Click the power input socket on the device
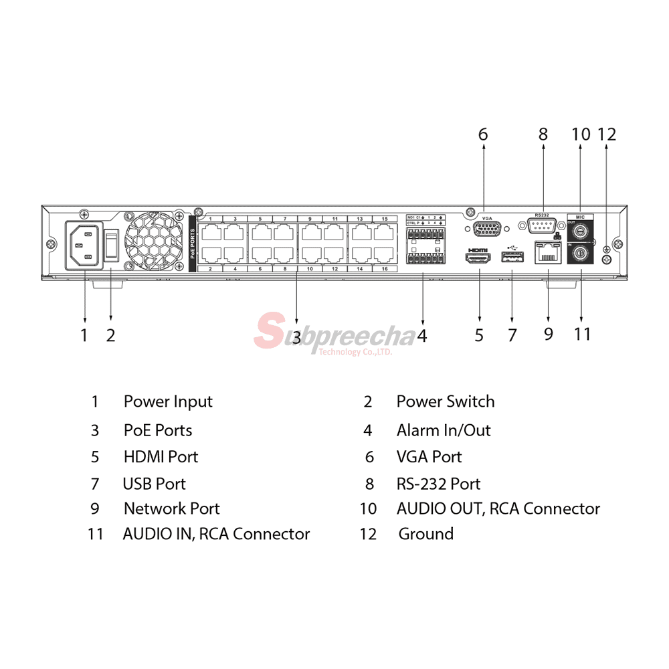pyautogui.click(x=84, y=245)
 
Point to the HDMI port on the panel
pyautogui.click(x=479, y=258)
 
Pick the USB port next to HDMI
pyautogui.click(x=512, y=259)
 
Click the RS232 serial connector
pyautogui.click(x=543, y=227)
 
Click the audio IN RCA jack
pyautogui.click(x=580, y=254)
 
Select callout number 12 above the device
pyautogui.click(x=606, y=134)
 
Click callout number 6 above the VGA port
pyautogui.click(x=483, y=134)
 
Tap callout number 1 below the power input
pyautogui.click(x=84, y=334)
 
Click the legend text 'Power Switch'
pyautogui.click(x=446, y=401)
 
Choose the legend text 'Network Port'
pyautogui.click(x=171, y=508)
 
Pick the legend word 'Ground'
pyautogui.click(x=425, y=534)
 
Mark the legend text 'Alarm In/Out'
pyautogui.click(x=444, y=430)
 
